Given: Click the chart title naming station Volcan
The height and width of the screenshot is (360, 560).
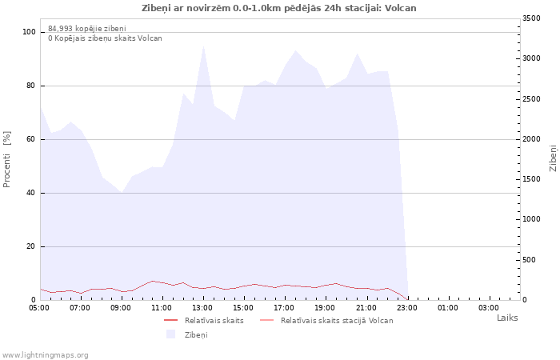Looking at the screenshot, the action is coord(279,8).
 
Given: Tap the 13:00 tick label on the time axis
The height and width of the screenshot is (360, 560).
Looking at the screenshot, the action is coord(202,308).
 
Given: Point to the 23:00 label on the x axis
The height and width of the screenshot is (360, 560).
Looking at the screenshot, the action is coord(407,308).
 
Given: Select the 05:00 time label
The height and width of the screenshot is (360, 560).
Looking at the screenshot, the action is coord(39,308).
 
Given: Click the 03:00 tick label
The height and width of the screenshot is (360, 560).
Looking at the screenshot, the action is coord(489,308).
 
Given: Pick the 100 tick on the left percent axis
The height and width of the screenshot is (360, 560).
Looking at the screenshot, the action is coord(30,32).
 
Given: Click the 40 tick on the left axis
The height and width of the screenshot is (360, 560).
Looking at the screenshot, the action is coord(31,194).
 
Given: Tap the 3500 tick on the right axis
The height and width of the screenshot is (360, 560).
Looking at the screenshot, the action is coord(531,18).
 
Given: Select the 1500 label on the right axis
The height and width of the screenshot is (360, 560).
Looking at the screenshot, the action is coord(531,179).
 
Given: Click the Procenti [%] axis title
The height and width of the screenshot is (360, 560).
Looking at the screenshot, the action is coord(6,159).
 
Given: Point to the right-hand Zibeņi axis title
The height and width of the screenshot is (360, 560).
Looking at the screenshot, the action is coord(553,158).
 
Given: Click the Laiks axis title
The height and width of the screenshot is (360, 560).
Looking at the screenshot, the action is coord(507,318).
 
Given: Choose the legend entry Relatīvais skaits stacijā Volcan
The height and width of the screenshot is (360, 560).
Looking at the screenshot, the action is coord(326,320).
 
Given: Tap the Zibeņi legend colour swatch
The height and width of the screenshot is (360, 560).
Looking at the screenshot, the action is coord(171,334).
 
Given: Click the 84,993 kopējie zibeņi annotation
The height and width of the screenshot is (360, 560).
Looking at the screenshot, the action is coord(87,29).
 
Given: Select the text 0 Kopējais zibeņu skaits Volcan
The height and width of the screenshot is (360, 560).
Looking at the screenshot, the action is coord(105,38).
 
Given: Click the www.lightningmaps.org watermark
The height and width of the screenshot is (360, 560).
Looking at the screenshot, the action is coord(45,355).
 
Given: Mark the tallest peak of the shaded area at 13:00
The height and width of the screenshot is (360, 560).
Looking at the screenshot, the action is coord(203,46).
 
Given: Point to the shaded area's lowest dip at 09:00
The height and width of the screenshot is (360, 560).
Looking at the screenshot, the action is coord(122,193).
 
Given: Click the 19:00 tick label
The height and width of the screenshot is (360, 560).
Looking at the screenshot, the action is coord(326,308).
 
